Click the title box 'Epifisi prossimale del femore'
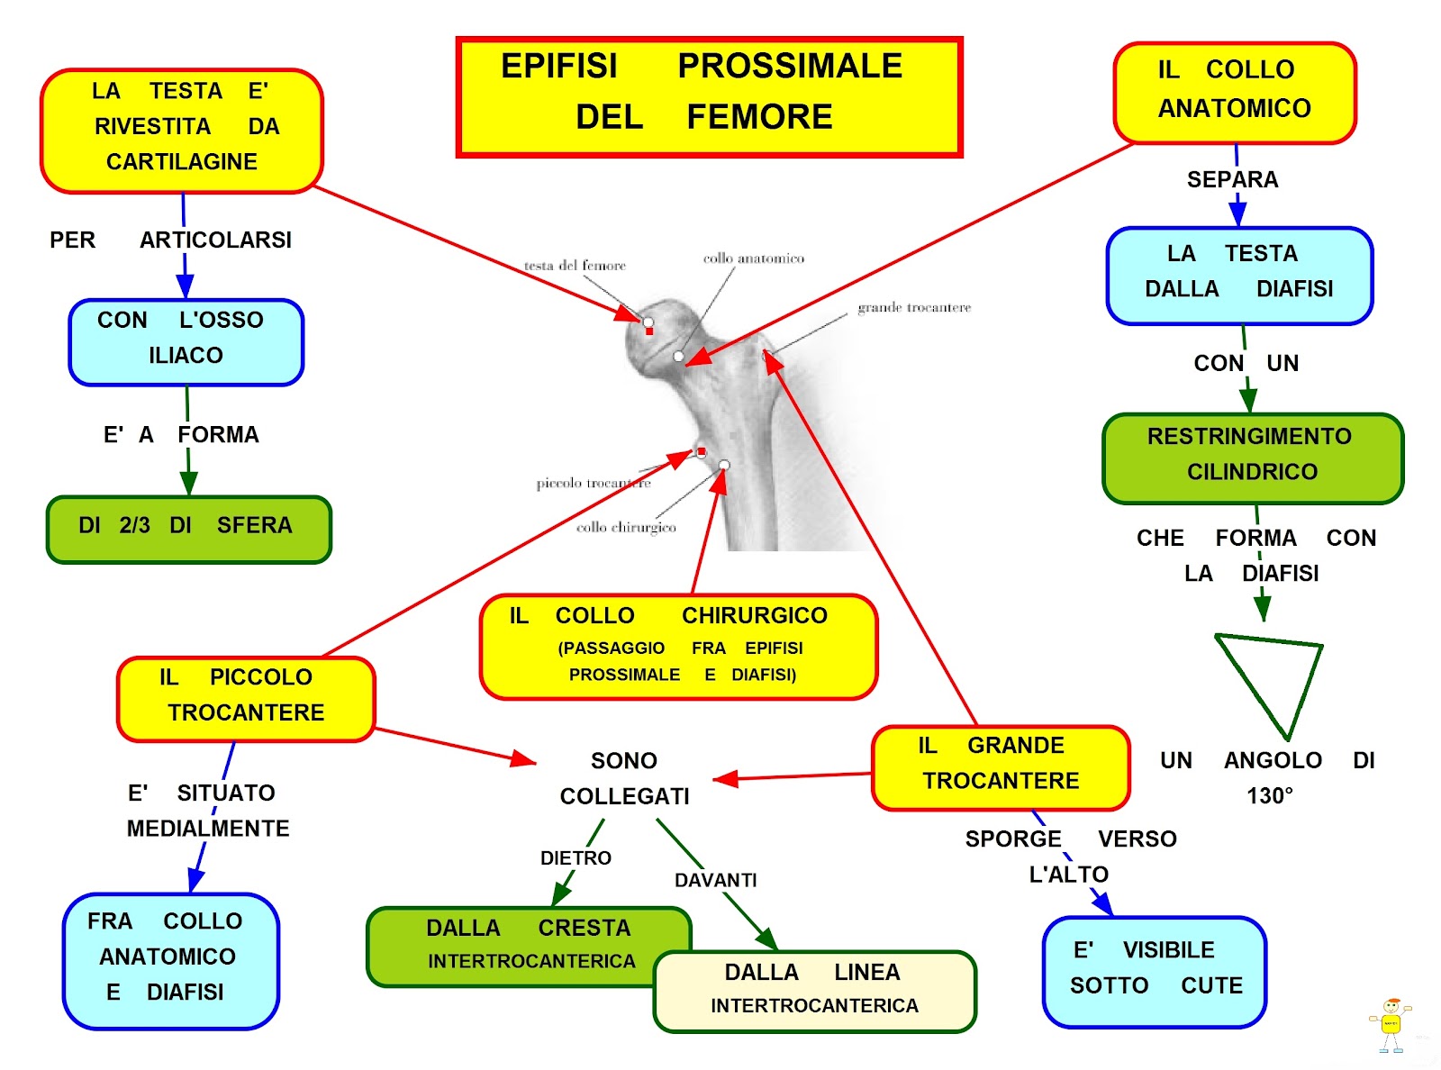pos(709,96)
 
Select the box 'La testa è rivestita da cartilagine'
pos(182,130)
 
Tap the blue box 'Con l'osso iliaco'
pos(186,341)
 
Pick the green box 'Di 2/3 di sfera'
pos(188,529)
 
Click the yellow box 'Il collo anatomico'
pos(1234,92)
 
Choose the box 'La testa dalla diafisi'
pos(1239,275)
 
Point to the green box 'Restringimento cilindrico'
pos(1252,458)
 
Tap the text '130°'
pos(1269,796)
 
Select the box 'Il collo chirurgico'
pos(678,646)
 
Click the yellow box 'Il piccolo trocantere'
pos(245,699)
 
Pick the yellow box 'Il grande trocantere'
pos(1000,767)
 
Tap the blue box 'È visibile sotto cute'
pos(1155,971)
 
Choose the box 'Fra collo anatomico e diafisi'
pos(170,960)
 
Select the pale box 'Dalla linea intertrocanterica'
pos(814,991)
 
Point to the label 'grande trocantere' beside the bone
pos(913,308)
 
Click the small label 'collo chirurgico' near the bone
pos(626,528)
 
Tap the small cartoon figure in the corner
pos(1391,1024)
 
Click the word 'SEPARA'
pos(1232,180)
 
